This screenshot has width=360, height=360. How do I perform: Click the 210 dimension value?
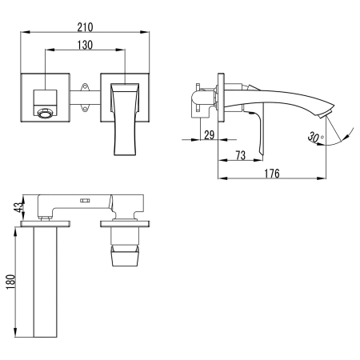click(84, 24)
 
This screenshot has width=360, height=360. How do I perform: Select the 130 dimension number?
click(84, 46)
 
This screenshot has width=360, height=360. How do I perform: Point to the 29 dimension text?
click(209, 135)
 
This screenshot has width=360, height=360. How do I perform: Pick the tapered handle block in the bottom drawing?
click(126, 256)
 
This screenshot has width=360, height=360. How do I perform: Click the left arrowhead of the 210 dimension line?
click(21, 32)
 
